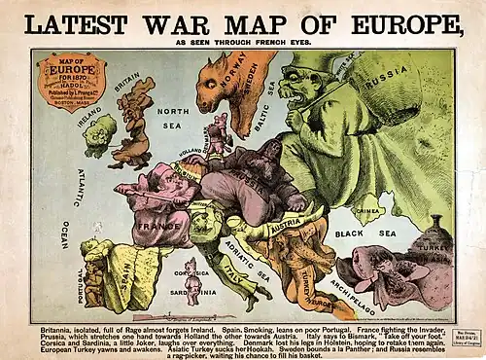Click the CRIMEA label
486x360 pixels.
[x=367, y=208]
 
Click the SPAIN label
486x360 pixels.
[x=122, y=268]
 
